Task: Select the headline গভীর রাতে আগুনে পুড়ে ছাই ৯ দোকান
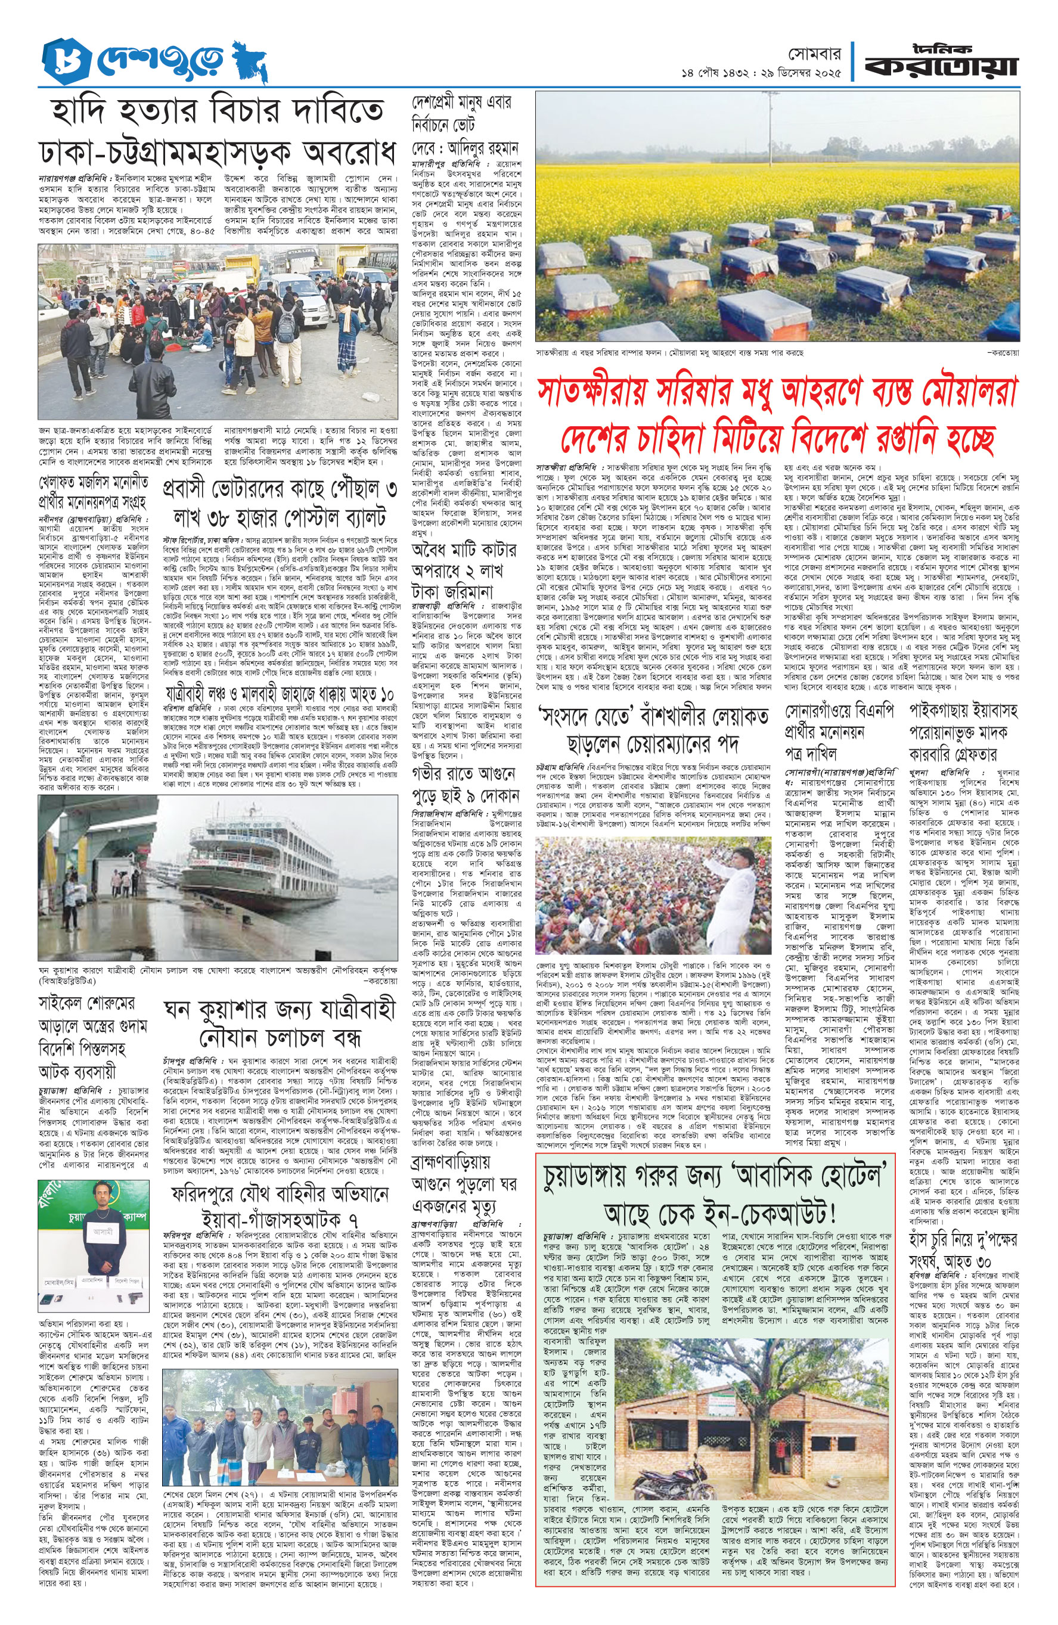tap(464, 785)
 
